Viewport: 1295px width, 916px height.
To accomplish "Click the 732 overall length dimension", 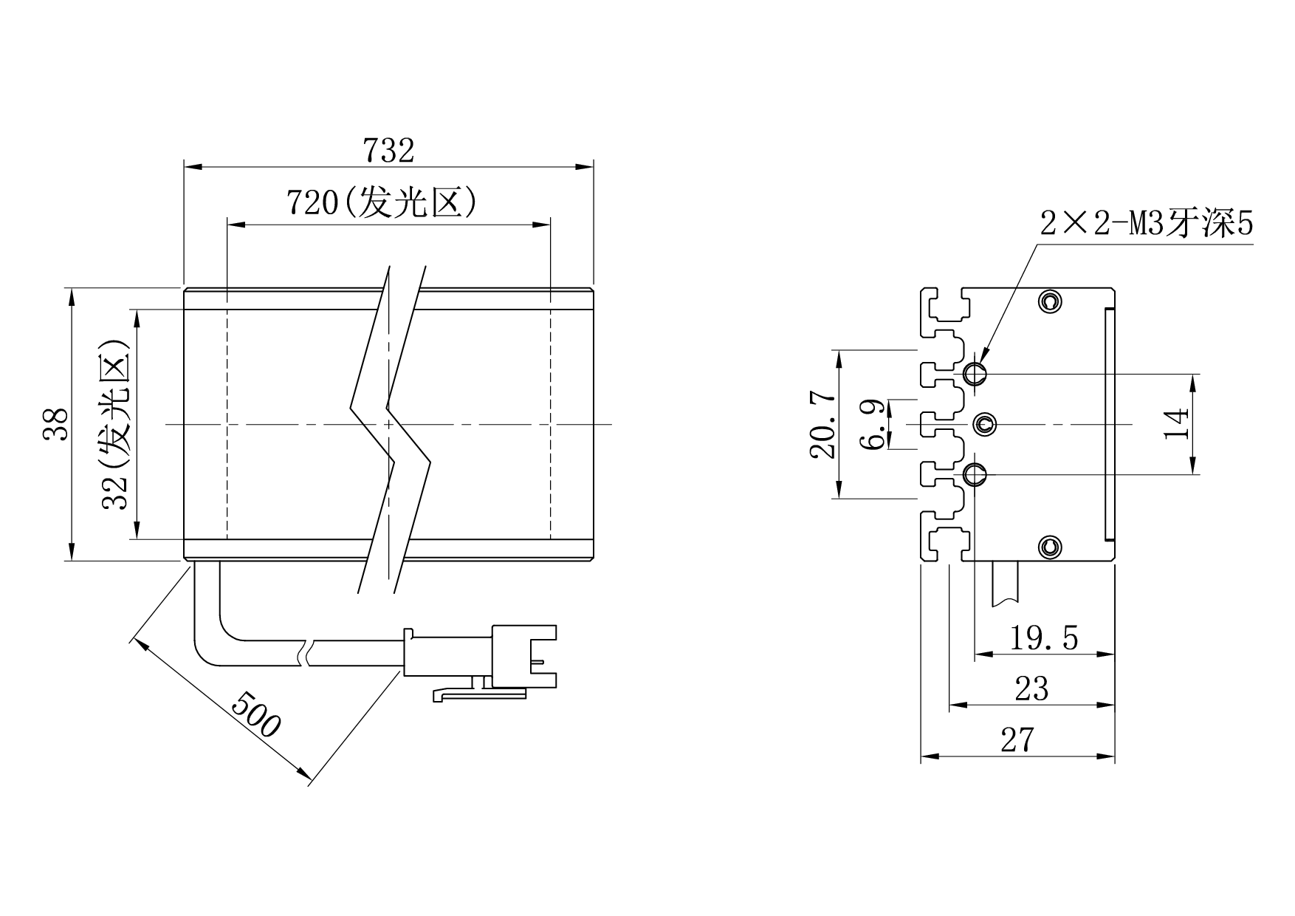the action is click(389, 151).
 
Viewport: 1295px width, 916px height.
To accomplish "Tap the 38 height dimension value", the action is click(56, 424).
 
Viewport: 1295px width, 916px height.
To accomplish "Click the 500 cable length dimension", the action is click(256, 714).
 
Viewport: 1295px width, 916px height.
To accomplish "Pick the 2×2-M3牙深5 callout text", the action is click(1147, 223).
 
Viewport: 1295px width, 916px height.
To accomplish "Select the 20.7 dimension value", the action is click(823, 425).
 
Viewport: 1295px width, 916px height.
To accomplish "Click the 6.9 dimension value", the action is click(873, 424).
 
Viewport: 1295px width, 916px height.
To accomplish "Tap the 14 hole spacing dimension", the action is click(1177, 423).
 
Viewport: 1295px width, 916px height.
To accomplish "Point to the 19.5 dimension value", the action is click(1043, 638).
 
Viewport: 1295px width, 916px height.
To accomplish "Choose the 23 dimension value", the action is click(1031, 688).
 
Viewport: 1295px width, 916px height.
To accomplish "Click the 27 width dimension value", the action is click(1017, 739).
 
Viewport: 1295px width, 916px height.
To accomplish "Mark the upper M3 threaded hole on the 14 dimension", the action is click(975, 374).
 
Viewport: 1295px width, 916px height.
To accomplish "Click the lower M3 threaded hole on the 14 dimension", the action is click(975, 474).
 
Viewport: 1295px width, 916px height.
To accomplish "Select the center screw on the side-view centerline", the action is click(984, 424).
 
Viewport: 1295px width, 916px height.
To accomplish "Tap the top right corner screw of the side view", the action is click(1049, 301).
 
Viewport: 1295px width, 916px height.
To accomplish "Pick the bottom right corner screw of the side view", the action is click(1049, 547).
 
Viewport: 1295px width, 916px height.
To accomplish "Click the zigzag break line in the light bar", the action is click(389, 428).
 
